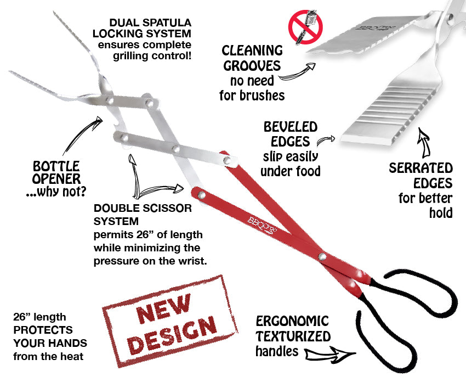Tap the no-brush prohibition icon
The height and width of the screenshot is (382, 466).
[305, 27]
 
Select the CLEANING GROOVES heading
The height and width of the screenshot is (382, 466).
[252, 59]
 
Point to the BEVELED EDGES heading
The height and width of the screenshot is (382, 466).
[290, 134]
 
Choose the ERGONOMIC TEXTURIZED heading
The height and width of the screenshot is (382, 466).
[293, 328]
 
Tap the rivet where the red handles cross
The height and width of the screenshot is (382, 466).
[324, 256]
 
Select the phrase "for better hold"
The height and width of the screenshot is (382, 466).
[425, 205]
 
